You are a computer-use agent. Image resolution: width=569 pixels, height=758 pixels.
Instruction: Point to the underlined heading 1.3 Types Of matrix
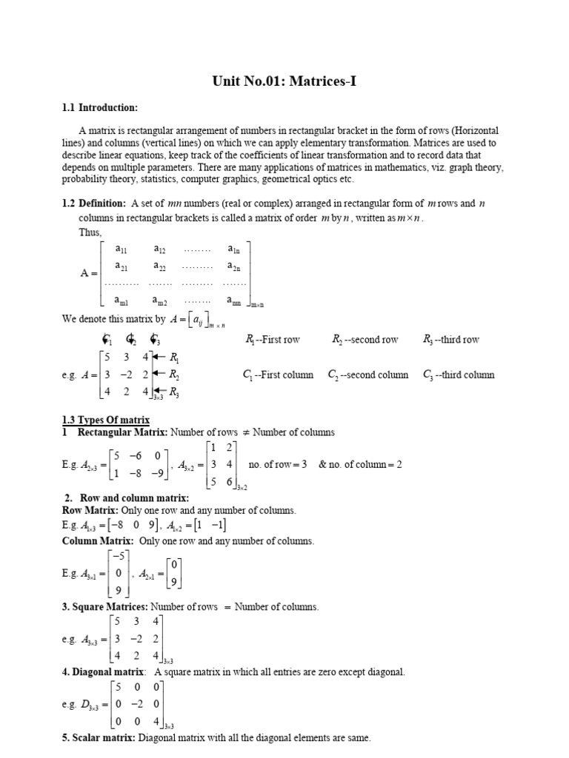coord(106,420)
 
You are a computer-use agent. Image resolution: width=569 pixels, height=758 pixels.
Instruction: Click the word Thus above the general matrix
coord(90,232)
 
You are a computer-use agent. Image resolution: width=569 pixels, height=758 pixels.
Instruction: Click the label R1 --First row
coord(272,340)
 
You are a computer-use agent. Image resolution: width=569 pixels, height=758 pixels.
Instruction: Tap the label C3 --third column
coord(458,375)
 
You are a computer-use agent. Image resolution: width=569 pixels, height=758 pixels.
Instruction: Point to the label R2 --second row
coord(365,340)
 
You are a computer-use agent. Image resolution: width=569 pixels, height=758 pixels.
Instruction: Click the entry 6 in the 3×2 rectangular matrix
coord(232,481)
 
